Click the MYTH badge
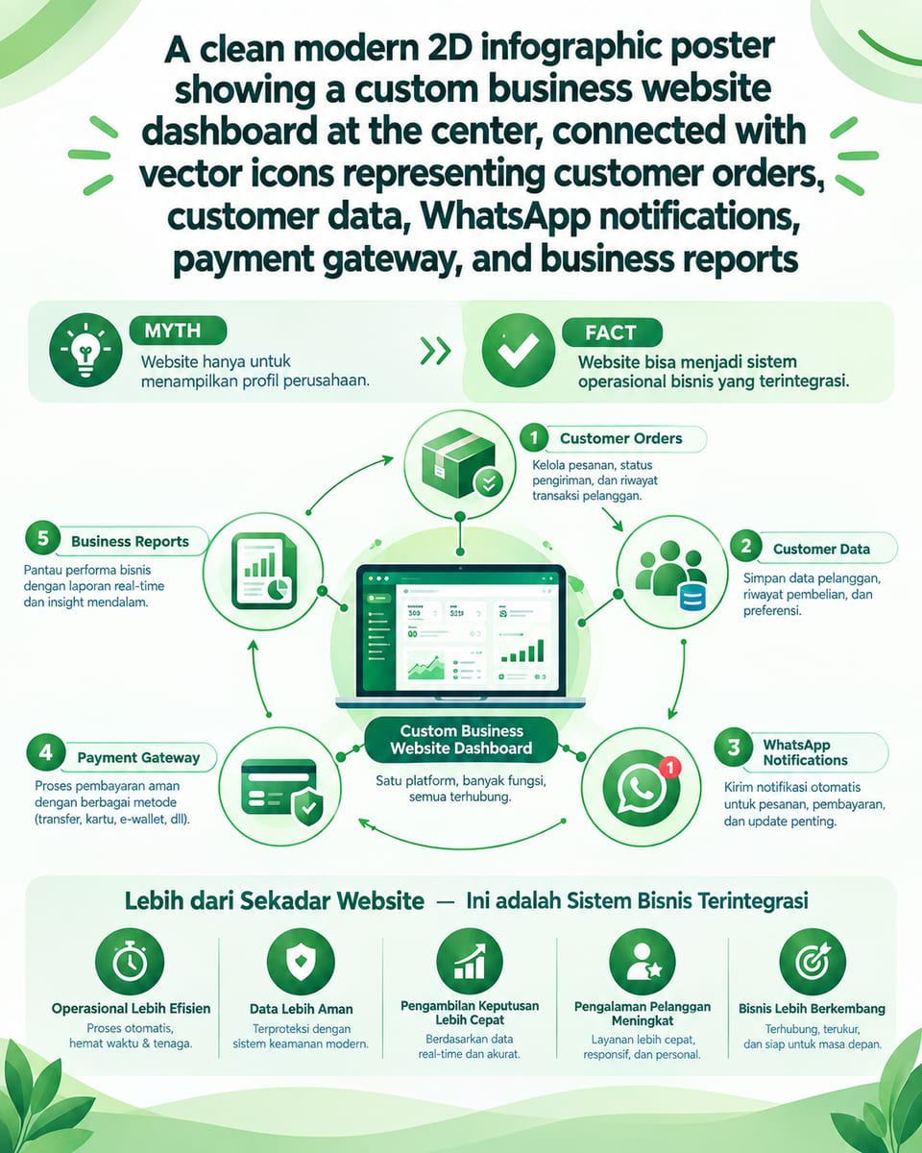[x=178, y=331]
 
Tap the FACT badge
[x=612, y=332]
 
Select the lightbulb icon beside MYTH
[x=85, y=350]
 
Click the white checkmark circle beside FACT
[x=518, y=351]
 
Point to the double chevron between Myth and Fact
[x=436, y=352]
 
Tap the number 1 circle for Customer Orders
[x=534, y=438]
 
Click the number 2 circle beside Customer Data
[x=745, y=546]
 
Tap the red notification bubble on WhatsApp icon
[x=670, y=768]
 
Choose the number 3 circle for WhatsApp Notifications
[x=734, y=748]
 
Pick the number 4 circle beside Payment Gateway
[x=45, y=752]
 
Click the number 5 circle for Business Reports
[x=43, y=538]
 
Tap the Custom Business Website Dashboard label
[x=461, y=740]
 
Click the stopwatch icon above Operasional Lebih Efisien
[x=130, y=962]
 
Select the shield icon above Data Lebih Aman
[x=301, y=962]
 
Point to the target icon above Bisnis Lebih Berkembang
[x=813, y=962]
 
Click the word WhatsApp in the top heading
[x=506, y=217]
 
